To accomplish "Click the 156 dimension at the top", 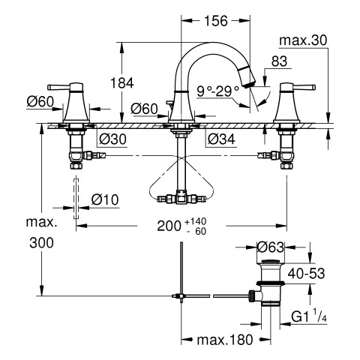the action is point(216,21).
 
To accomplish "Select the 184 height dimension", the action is point(122,82).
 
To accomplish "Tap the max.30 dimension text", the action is point(303,40).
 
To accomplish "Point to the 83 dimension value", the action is point(279,61).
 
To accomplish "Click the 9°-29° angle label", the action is point(217,91).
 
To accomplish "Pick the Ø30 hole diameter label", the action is point(112,139).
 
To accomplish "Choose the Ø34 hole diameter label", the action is point(221,139).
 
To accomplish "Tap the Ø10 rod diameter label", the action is point(105,199).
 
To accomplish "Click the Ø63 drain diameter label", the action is point(271,247).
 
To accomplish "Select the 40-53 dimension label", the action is point(306,274).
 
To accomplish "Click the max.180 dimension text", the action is point(225,340).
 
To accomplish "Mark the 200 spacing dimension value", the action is point(169,226).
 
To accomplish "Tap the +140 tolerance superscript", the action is point(196,221).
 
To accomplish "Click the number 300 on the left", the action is point(41,243).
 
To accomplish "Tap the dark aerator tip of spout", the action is point(250,84).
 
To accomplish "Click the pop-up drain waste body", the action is point(271,283).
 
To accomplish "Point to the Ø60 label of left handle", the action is point(40,102).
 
